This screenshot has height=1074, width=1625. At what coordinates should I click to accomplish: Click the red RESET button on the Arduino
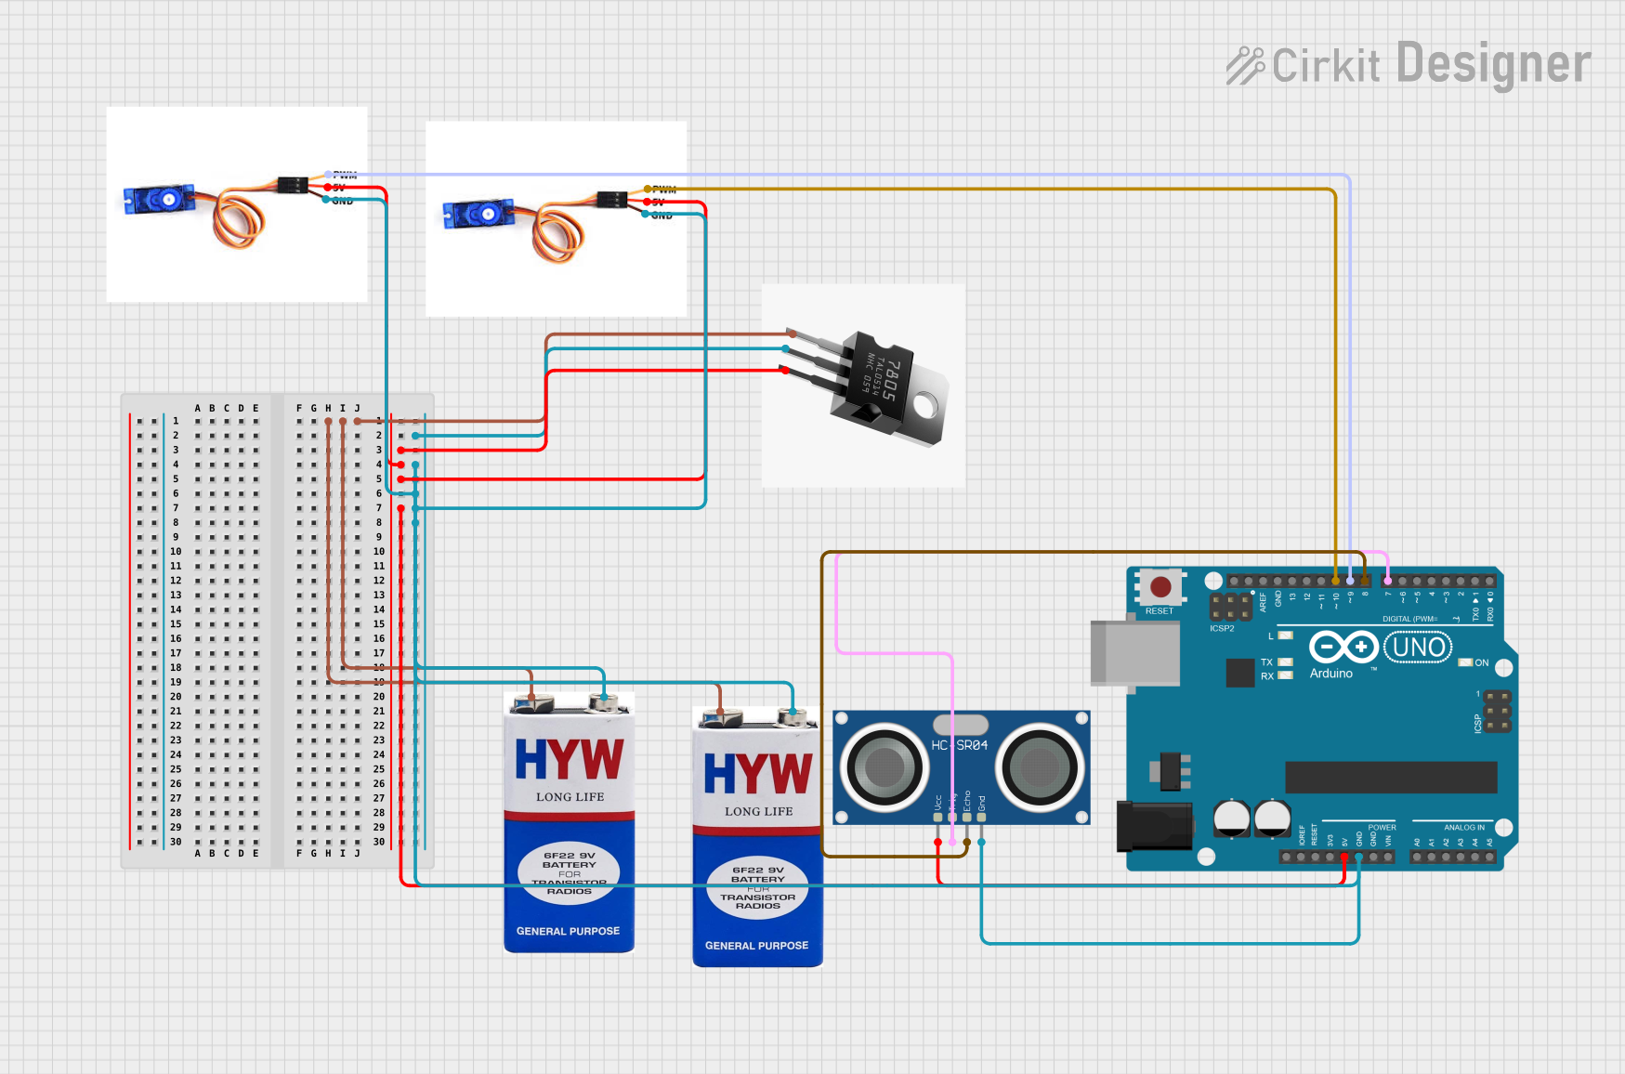click(x=1160, y=587)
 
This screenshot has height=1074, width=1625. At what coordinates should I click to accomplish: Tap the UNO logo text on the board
click(x=1419, y=647)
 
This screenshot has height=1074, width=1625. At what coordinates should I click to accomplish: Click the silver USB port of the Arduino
click(x=1134, y=653)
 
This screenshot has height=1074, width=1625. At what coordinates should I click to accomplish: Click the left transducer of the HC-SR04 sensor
click(x=884, y=767)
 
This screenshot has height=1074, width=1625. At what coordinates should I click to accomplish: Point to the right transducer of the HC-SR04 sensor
click(x=1040, y=767)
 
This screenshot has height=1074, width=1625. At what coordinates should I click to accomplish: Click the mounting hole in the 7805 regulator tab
click(x=924, y=405)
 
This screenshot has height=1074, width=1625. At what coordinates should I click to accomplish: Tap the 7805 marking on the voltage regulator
click(x=889, y=379)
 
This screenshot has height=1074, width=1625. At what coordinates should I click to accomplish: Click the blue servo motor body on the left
click(x=158, y=199)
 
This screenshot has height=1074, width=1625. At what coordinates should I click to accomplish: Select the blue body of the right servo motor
click(x=478, y=215)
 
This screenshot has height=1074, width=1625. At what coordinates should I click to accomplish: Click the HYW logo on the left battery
click(x=569, y=759)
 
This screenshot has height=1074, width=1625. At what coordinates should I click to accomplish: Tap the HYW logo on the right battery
click(x=757, y=773)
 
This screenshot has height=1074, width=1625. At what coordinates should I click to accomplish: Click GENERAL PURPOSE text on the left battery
click(x=568, y=931)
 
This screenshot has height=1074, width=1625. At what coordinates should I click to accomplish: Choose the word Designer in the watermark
click(x=1493, y=64)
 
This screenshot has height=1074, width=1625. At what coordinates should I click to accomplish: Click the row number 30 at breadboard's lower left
click(x=176, y=842)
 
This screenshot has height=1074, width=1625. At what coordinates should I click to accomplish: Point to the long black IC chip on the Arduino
click(x=1390, y=777)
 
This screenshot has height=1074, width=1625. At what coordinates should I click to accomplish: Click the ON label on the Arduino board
click(x=1481, y=662)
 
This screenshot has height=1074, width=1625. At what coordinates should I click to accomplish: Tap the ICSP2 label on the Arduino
click(x=1222, y=629)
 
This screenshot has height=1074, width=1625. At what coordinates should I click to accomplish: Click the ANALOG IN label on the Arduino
click(x=1463, y=827)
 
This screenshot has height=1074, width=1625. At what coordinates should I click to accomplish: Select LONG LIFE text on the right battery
click(x=758, y=811)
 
